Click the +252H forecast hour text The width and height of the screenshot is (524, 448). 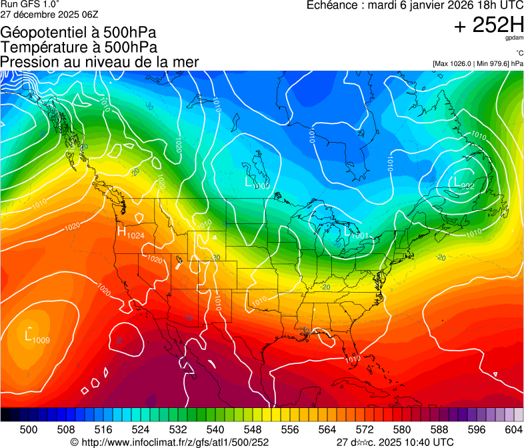tap(488, 26)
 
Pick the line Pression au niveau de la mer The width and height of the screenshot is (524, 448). tap(99, 62)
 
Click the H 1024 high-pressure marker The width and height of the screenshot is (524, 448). tap(131, 233)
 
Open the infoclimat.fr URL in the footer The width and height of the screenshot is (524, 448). tap(175, 442)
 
